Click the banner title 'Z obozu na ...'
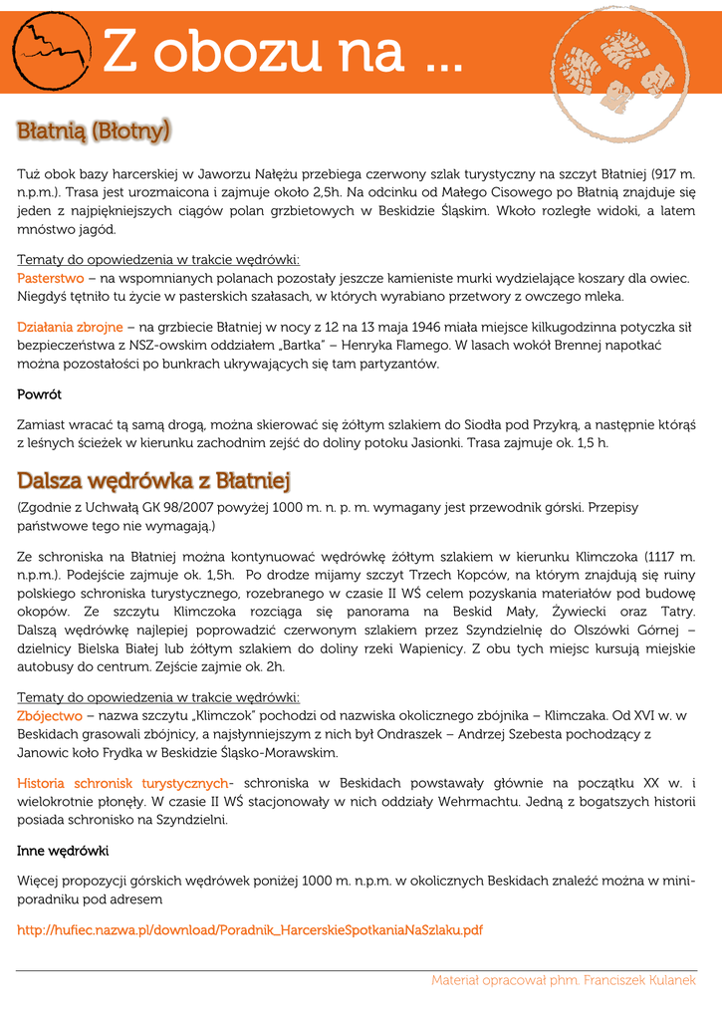coord(283,51)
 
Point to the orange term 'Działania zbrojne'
coord(70,327)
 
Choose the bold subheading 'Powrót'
coord(39,394)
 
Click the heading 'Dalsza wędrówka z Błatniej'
coord(153,481)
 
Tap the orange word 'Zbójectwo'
coord(50,715)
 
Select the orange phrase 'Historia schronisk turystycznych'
coord(122,783)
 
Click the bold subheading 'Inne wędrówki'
coord(63,852)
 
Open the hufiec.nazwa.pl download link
coord(250,930)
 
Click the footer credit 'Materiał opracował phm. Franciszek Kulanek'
coord(564,981)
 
